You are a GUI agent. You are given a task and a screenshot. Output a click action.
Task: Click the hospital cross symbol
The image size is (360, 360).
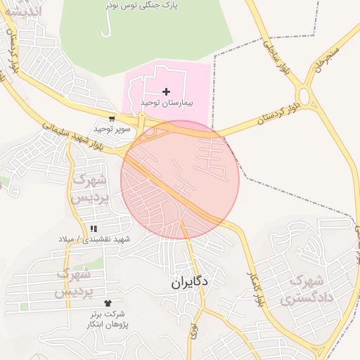[x=166, y=91]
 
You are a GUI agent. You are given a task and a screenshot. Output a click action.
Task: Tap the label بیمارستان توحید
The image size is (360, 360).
[x=166, y=103]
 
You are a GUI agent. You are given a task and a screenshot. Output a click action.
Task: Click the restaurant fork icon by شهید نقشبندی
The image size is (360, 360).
[x=94, y=229]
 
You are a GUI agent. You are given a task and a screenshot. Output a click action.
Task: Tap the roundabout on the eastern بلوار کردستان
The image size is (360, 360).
[x=304, y=96]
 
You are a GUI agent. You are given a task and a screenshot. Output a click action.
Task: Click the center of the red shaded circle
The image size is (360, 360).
[x=180, y=180]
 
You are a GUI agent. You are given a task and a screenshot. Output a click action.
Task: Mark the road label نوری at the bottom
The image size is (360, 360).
[x=193, y=331]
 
